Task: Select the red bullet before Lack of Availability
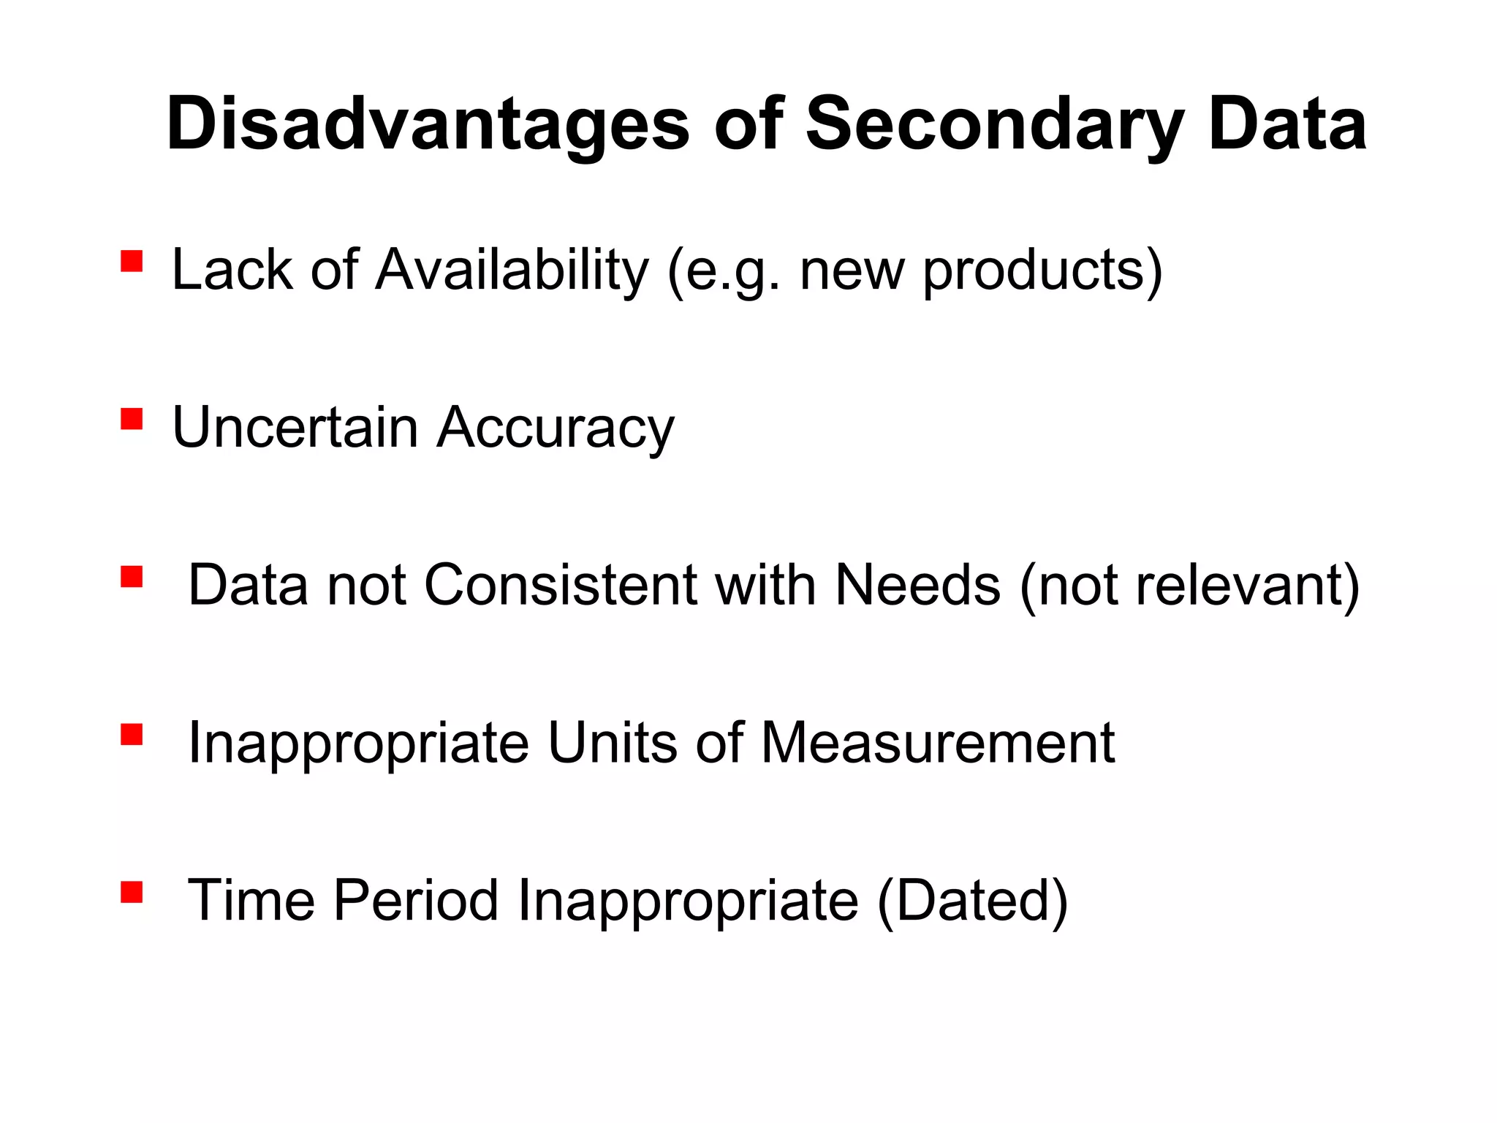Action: point(132,261)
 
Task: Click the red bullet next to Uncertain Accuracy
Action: point(132,419)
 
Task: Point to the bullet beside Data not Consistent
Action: point(132,577)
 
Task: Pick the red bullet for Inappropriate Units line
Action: point(132,734)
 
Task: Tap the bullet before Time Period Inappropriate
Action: point(132,892)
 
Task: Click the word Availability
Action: point(512,270)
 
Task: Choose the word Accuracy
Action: point(556,428)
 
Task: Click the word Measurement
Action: point(938,743)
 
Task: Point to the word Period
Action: point(416,900)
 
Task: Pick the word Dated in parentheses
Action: point(972,900)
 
